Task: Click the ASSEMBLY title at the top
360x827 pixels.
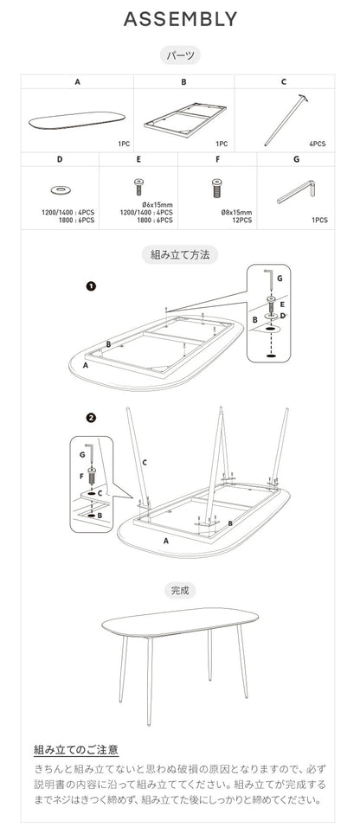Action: (180, 19)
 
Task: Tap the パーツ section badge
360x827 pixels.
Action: (180, 55)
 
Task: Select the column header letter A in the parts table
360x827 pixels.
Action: (77, 82)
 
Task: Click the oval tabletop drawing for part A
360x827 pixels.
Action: (77, 119)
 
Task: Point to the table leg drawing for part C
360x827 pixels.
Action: (286, 120)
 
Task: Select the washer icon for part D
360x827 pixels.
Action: (61, 188)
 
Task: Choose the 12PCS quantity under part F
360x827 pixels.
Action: (241, 220)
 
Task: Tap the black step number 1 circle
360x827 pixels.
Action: (90, 285)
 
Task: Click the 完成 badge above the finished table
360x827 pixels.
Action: (180, 590)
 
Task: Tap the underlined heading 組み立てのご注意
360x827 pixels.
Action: (76, 750)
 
